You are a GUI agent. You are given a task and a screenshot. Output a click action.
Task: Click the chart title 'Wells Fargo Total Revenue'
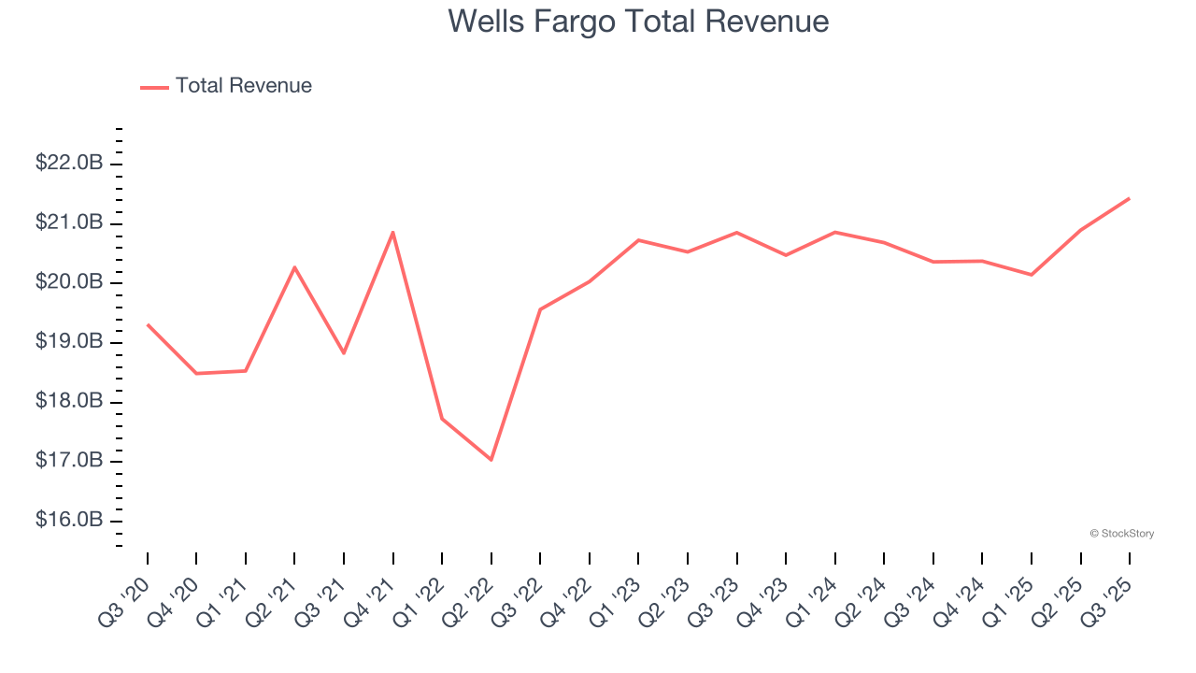(x=638, y=21)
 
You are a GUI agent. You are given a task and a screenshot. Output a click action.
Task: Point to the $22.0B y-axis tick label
(x=69, y=164)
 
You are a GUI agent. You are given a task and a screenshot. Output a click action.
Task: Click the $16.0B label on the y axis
(x=69, y=521)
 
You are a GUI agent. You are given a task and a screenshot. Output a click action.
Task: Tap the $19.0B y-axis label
(x=69, y=342)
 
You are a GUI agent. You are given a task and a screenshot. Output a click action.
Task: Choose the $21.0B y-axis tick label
(x=69, y=223)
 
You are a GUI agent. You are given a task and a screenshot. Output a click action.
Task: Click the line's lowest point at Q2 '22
(x=491, y=460)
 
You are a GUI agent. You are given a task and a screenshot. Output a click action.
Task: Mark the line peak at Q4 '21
(x=393, y=232)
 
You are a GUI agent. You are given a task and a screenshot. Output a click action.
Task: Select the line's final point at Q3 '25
(x=1130, y=198)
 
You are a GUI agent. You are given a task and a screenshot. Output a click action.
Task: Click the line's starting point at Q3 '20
(x=148, y=324)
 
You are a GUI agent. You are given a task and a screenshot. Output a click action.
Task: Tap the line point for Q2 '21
(x=294, y=267)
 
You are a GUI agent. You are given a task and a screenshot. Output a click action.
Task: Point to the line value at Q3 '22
(x=540, y=309)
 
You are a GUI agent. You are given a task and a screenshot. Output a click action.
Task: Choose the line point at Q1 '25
(x=1032, y=275)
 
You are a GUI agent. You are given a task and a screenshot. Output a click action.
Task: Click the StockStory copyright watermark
(x=1121, y=534)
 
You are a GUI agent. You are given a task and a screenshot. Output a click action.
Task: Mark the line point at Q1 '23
(x=638, y=240)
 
